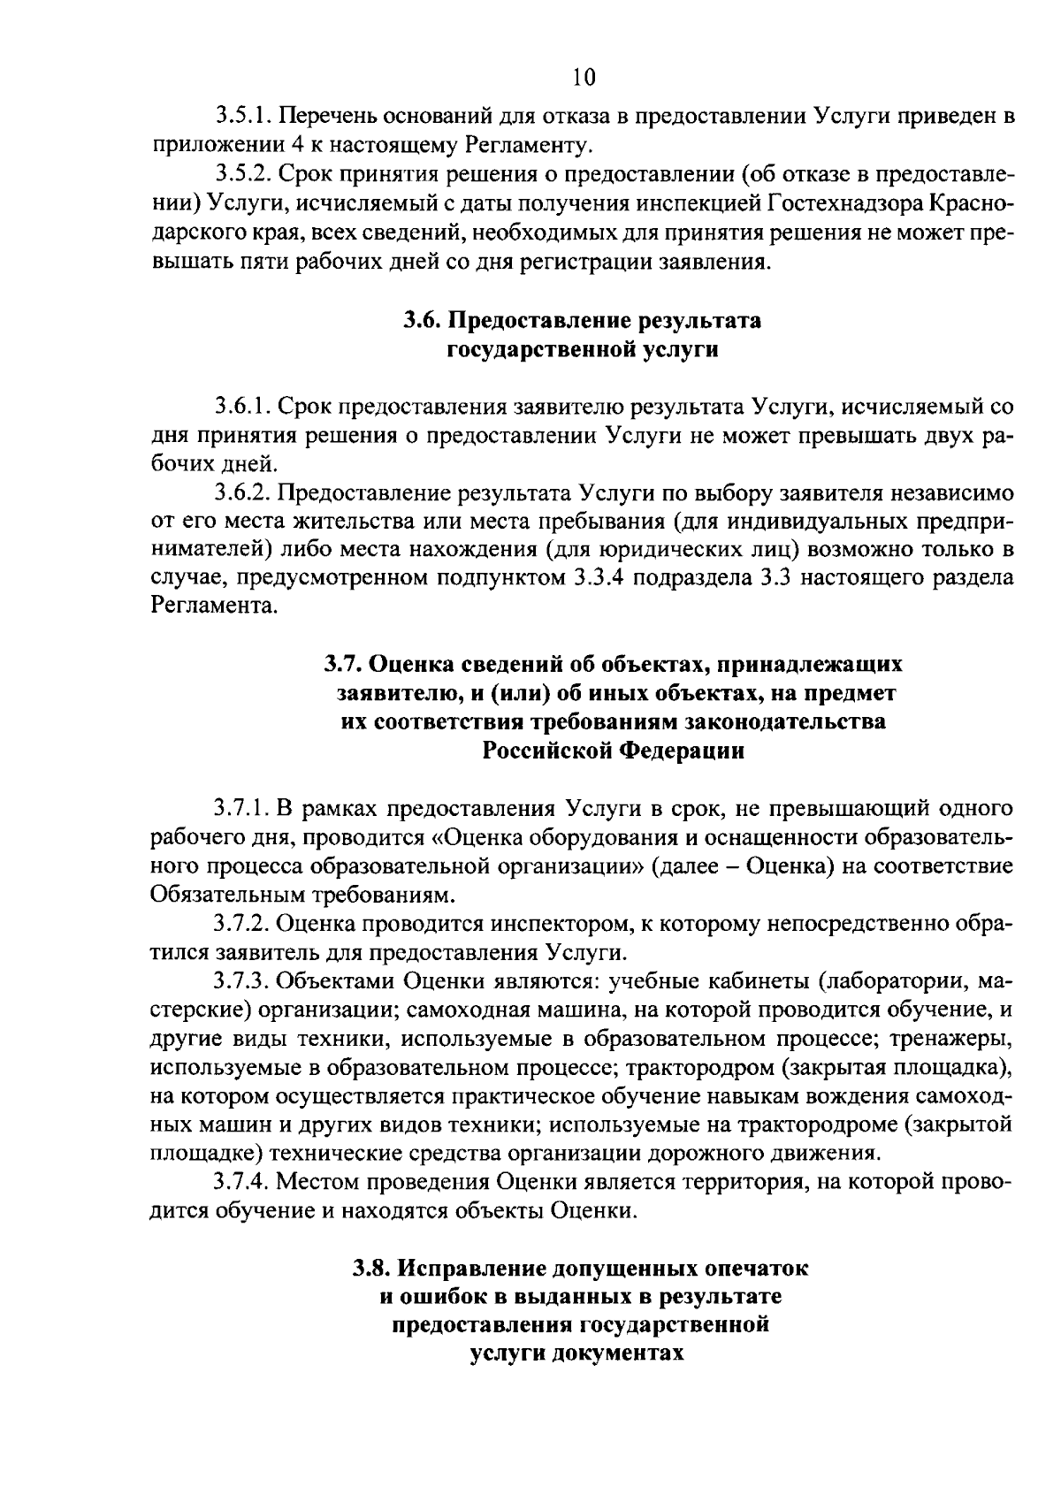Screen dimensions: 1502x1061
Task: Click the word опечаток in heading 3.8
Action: pyautogui.click(x=756, y=1269)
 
